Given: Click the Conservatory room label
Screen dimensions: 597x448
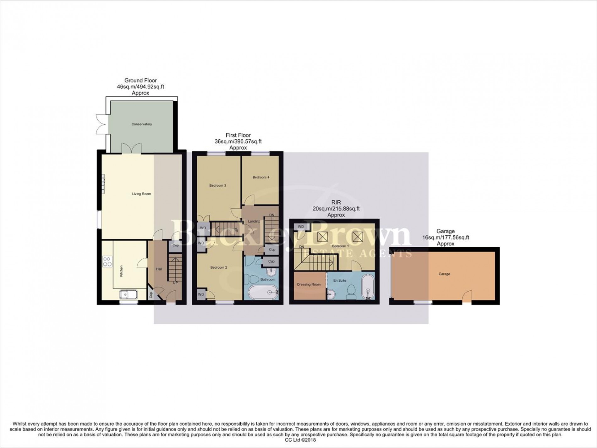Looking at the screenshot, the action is (x=141, y=124).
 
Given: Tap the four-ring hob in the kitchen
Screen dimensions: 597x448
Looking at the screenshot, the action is (x=107, y=261).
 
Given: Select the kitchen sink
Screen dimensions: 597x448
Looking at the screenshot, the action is (x=128, y=294).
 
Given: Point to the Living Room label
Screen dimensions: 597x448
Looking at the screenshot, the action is (x=141, y=194).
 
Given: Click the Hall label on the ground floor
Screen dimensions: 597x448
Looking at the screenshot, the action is (x=159, y=269).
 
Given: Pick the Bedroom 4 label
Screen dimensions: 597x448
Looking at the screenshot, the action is (x=261, y=177).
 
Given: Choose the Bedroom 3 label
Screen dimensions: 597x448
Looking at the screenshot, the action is (x=218, y=186).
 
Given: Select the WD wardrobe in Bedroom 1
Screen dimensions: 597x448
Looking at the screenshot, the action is (x=301, y=227).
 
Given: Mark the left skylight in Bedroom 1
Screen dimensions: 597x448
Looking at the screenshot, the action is (x=321, y=236).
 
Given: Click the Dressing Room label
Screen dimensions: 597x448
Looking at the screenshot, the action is (x=309, y=284).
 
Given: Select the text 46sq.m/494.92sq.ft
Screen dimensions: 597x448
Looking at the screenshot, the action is (x=140, y=87).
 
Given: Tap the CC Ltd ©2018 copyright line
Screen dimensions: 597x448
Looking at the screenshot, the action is (x=298, y=440).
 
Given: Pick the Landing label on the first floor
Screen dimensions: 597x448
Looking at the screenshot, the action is (x=254, y=221).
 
